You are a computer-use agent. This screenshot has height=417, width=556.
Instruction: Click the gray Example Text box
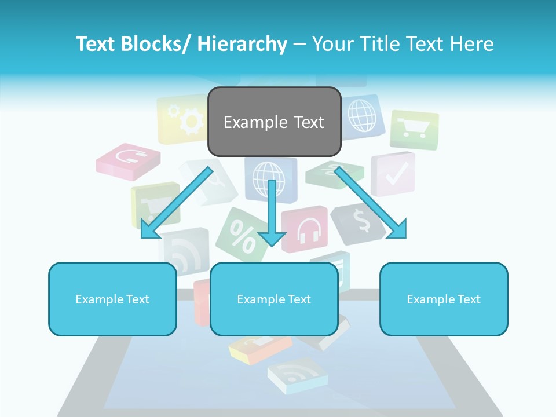click(x=274, y=122)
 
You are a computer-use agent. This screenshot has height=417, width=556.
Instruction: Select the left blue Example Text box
click(x=112, y=299)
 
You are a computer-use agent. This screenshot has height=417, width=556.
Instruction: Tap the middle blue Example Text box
click(x=274, y=299)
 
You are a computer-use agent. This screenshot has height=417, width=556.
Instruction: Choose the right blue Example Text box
click(x=444, y=299)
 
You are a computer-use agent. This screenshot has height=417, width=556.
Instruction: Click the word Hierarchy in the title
click(x=243, y=44)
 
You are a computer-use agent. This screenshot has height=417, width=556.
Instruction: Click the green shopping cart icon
click(x=414, y=129)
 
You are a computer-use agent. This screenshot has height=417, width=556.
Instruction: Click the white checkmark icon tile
click(x=393, y=173)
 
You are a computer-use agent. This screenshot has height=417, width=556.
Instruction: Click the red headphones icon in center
click(x=304, y=229)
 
